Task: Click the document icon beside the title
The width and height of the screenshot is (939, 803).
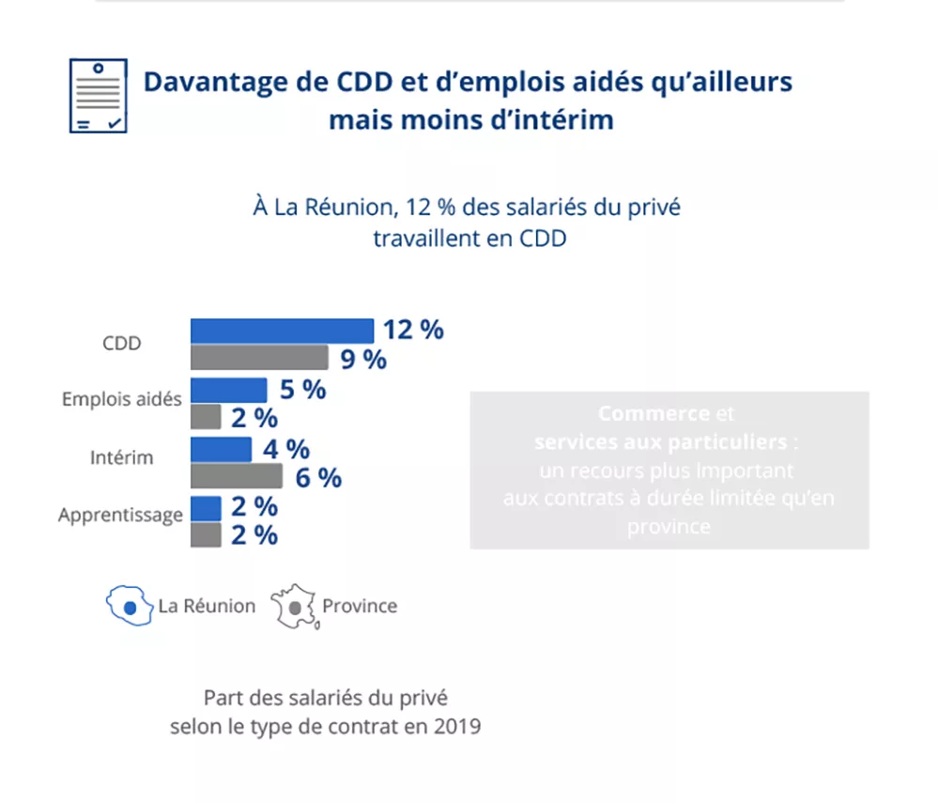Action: pos(98,96)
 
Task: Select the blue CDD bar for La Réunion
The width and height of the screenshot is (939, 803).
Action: pos(282,331)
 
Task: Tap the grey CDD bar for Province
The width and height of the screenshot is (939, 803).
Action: pos(259,358)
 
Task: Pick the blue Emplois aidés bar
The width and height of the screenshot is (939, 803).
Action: pos(228,390)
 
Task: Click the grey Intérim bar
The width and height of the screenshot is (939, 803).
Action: pos(236,476)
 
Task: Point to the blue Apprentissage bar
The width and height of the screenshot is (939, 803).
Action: pos(206,507)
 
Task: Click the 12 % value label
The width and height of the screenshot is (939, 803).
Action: pos(412,330)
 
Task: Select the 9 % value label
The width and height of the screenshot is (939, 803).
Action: pos(363,359)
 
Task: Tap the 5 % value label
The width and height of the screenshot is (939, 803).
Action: pos(302,390)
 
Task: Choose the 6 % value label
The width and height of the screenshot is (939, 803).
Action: pos(318,477)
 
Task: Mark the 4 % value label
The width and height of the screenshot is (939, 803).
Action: pos(285,449)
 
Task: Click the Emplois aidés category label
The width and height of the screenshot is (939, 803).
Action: pos(121,399)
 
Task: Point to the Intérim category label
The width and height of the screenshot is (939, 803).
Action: pos(122,458)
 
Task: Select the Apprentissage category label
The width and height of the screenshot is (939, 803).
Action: pos(120,516)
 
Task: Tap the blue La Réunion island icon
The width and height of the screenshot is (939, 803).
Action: pos(130,607)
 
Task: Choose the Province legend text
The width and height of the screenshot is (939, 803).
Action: pos(360,606)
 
